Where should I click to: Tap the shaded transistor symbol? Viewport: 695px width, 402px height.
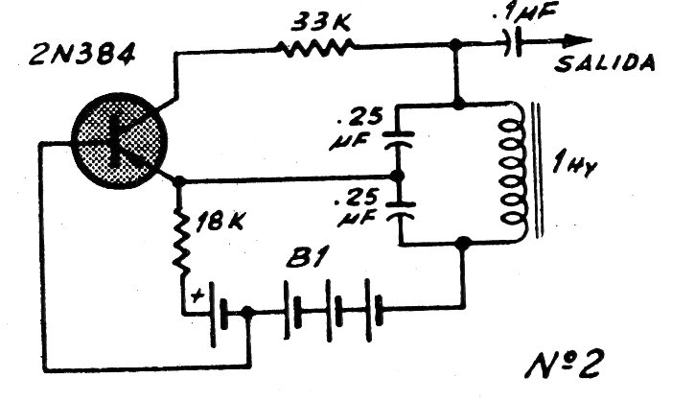(x=119, y=141)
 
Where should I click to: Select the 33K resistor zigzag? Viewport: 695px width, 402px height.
(x=315, y=47)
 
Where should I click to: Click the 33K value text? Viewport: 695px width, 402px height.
(x=320, y=22)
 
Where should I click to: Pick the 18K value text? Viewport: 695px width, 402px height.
(x=220, y=220)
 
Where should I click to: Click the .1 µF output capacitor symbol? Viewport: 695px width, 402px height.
(x=513, y=42)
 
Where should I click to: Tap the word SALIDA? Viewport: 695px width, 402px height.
(x=605, y=63)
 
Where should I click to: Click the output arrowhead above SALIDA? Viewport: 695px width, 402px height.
(x=577, y=41)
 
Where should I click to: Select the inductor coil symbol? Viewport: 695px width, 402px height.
(x=514, y=171)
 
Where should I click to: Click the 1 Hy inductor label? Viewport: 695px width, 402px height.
(x=575, y=166)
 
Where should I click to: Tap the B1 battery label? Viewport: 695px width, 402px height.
(x=308, y=257)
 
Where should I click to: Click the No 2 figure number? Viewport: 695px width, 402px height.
(x=564, y=364)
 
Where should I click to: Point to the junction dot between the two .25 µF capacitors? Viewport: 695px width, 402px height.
(x=398, y=176)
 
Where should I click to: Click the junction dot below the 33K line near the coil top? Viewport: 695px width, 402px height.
(x=459, y=105)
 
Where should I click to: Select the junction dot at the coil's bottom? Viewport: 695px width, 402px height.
(x=464, y=243)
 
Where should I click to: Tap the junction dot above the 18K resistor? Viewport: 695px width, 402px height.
(x=178, y=181)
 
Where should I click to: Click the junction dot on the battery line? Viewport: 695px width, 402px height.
(x=247, y=312)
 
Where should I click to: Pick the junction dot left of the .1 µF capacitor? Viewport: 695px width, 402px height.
(x=454, y=44)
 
